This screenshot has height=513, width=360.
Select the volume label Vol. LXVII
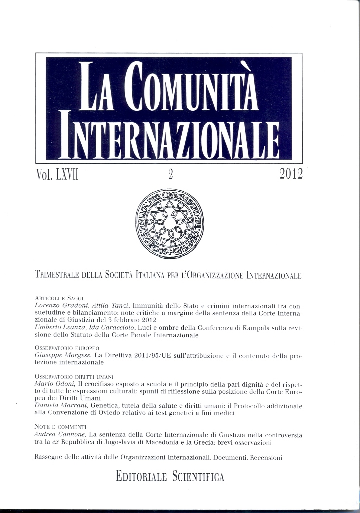pos(58,175)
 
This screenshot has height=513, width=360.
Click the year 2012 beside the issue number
pos(291,174)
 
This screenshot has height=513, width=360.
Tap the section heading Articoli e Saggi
pos(59,298)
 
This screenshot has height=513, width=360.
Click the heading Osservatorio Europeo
pos(67,347)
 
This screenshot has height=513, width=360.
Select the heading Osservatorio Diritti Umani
pos(74,376)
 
